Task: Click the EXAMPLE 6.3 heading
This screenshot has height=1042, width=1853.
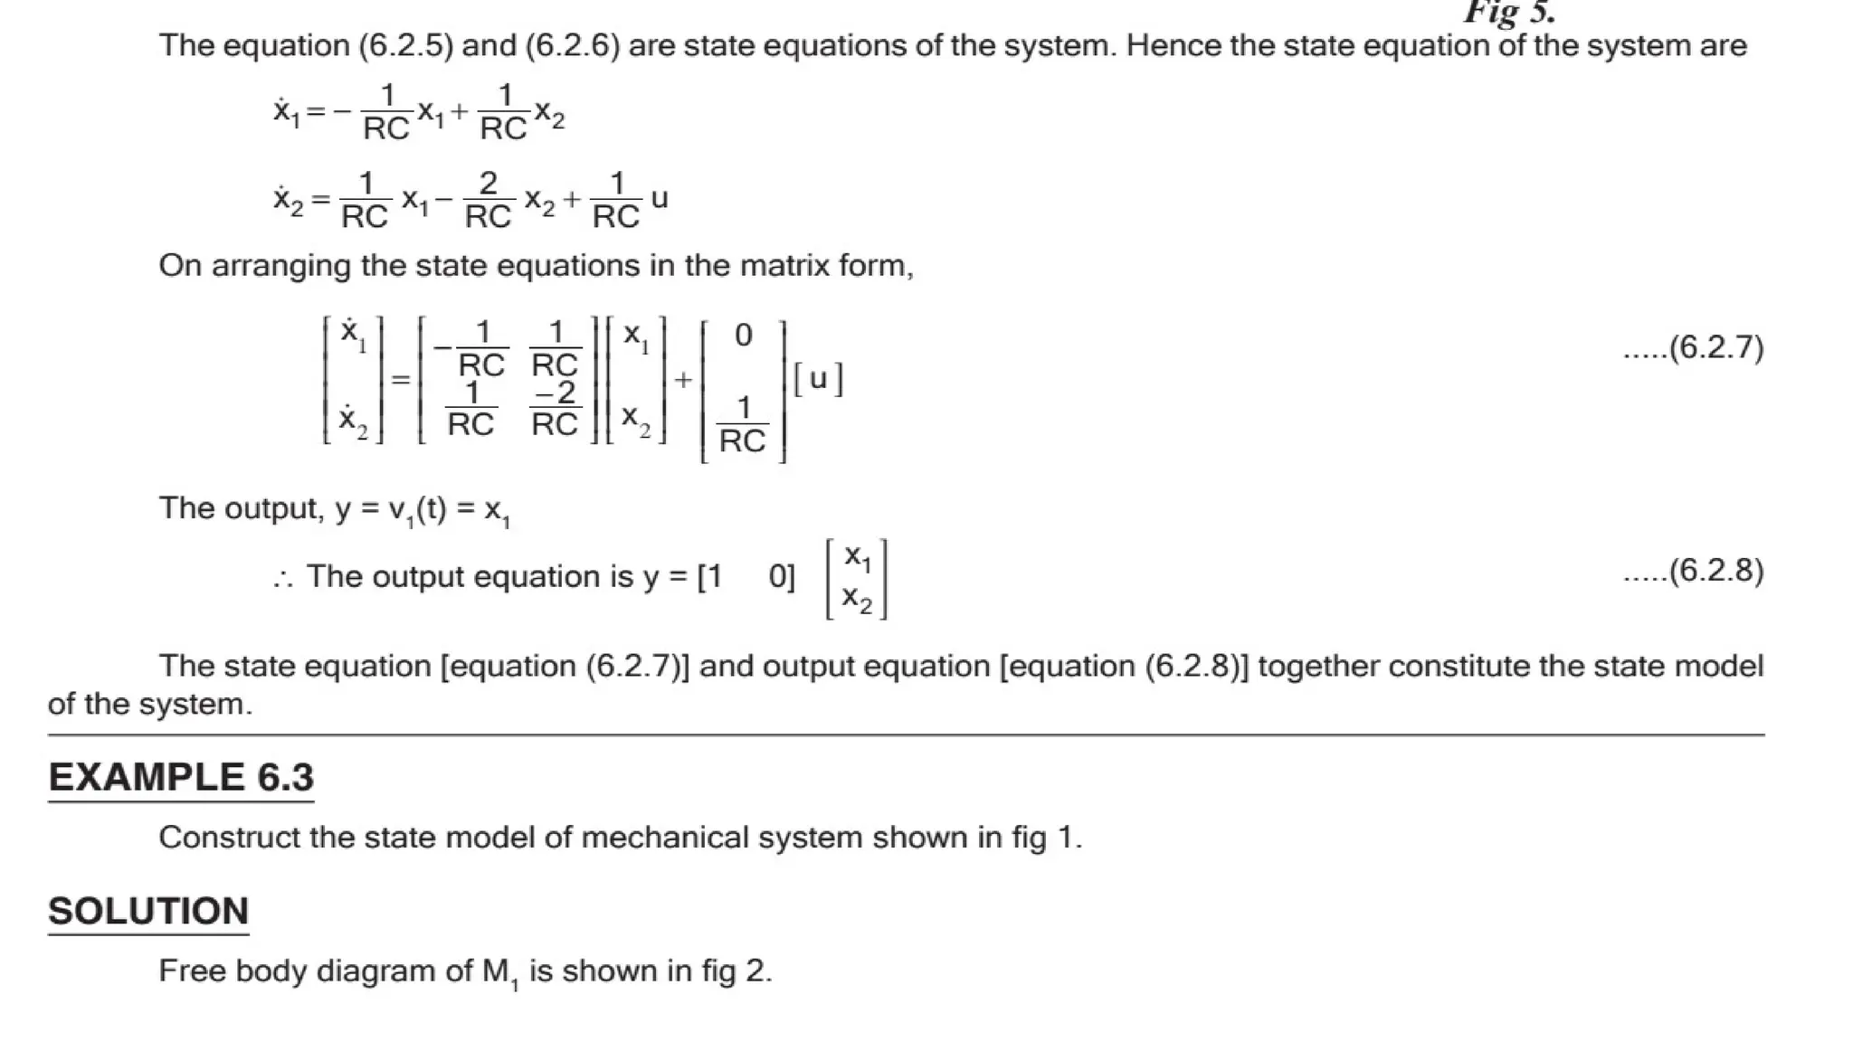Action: click(181, 778)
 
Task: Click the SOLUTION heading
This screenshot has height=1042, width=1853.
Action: click(148, 912)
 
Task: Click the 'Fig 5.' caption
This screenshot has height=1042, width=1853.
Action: click(1509, 13)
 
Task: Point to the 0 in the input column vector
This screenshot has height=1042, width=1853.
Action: click(743, 336)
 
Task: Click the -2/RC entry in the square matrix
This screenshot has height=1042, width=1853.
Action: click(555, 408)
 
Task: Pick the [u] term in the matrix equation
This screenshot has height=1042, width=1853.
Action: click(818, 379)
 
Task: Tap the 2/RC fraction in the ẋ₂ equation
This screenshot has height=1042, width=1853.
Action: click(488, 200)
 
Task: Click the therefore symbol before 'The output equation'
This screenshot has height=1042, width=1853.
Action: click(283, 579)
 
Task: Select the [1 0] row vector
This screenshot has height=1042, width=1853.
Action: click(746, 577)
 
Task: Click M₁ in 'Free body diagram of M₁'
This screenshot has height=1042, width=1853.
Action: click(500, 972)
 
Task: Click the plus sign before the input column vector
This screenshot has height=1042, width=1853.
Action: click(683, 380)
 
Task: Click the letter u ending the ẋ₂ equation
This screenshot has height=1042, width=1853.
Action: click(660, 199)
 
